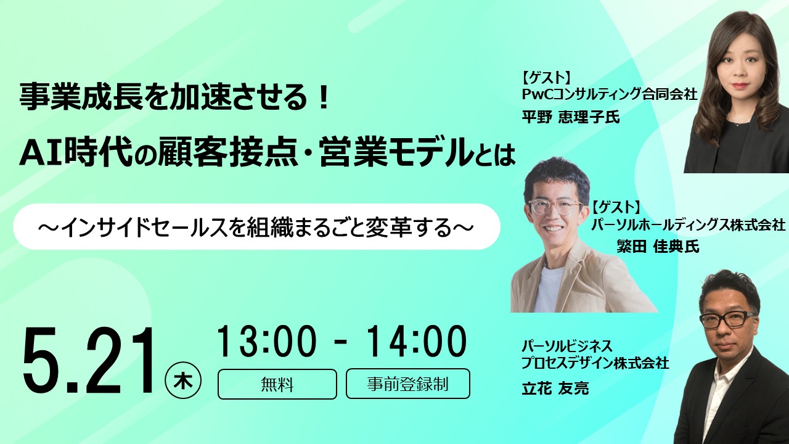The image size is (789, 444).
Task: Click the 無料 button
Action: click(277, 384)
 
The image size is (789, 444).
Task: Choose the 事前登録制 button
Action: click(407, 384)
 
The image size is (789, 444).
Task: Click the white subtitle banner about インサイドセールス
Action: click(256, 227)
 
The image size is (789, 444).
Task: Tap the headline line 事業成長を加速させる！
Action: click(176, 99)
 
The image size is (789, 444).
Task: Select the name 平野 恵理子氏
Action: click(570, 117)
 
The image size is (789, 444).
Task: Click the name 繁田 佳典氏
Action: click(658, 247)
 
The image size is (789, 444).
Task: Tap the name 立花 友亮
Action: click(555, 388)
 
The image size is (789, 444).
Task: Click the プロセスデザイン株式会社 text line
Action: click(595, 364)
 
